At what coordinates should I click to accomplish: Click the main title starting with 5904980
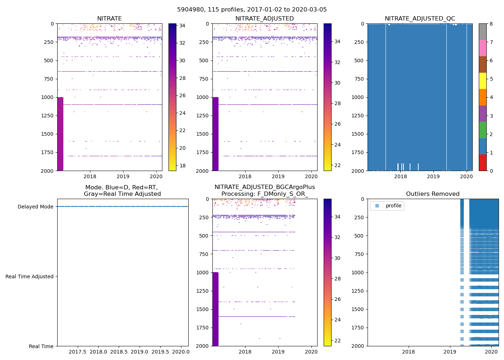[x=252, y=10]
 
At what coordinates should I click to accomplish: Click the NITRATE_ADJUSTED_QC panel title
[x=420, y=19]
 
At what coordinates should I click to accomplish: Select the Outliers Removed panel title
[x=433, y=194]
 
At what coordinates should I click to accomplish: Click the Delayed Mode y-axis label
[x=35, y=207]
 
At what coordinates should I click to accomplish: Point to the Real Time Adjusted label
[x=29, y=276]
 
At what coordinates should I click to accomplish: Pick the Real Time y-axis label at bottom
[x=41, y=346]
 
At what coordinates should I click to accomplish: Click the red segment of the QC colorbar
[x=482, y=162]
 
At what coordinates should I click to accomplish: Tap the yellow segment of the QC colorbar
[x=482, y=81]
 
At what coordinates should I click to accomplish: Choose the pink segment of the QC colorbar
[x=482, y=48]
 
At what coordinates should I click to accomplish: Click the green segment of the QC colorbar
[x=482, y=130]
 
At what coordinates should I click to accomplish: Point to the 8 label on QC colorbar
[x=491, y=24]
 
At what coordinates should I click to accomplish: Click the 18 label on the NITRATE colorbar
[x=182, y=166]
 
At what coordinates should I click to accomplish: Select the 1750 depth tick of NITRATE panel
[x=47, y=152]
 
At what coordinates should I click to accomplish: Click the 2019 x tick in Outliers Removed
[x=450, y=352]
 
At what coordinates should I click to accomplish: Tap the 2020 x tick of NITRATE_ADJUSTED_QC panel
[x=466, y=176]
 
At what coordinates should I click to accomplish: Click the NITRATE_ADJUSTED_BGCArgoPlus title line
[x=265, y=187]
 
